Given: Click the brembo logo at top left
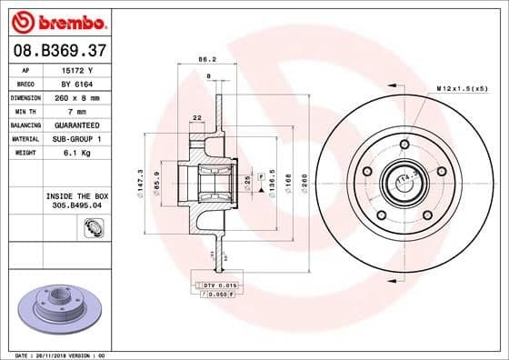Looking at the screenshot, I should click(x=56, y=19).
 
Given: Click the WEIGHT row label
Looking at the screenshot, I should click(x=25, y=152).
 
